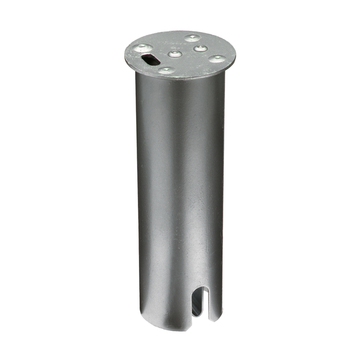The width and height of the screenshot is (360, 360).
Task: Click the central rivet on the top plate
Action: [x=175, y=54]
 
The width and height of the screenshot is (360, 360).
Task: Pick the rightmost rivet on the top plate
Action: [x=216, y=58]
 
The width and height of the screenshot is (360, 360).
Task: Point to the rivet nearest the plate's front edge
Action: [x=166, y=70]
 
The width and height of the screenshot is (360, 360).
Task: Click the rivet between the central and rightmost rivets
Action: [x=199, y=48]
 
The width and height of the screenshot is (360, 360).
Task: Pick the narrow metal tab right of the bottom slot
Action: [x=213, y=304]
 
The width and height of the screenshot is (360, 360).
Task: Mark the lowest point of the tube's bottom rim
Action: [x=169, y=332]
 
